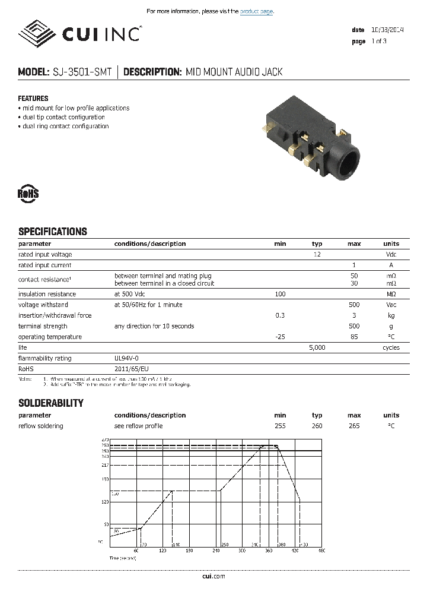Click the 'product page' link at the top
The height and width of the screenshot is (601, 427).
point(257,11)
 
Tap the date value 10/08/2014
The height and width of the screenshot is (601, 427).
point(387,30)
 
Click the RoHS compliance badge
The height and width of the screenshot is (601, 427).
point(28,194)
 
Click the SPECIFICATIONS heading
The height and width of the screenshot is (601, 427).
point(53,232)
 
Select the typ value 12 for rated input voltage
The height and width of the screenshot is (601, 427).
point(317,254)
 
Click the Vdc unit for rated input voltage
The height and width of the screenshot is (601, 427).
point(391,254)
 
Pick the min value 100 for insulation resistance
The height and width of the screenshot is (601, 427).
point(280,294)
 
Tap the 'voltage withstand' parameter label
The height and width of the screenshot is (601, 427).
point(43,305)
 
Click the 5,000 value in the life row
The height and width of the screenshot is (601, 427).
point(317,347)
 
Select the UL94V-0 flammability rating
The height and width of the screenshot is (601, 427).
point(127,358)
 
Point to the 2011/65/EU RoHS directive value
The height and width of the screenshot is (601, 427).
point(131,369)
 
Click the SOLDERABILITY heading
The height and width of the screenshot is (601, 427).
point(51,403)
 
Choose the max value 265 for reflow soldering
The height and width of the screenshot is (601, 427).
point(354,426)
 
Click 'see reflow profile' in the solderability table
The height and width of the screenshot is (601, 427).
point(138,426)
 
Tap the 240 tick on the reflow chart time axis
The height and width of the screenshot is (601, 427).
point(215,551)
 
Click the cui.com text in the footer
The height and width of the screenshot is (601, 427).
point(213,576)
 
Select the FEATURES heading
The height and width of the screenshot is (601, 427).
point(33,99)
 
